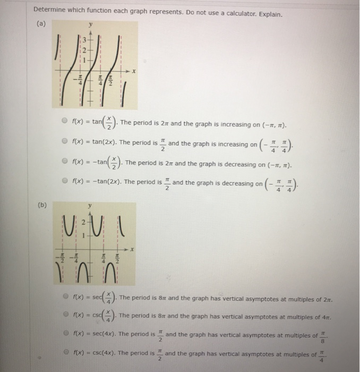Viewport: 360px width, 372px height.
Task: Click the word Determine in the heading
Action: [x=50, y=11]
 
